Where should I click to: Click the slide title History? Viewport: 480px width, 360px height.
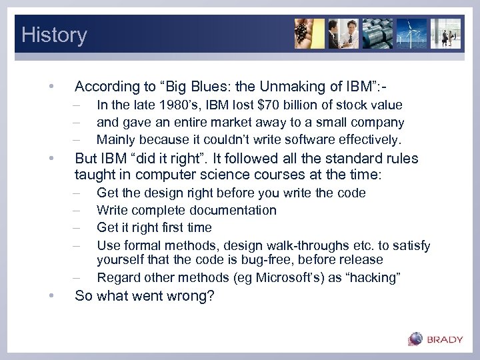point(54,35)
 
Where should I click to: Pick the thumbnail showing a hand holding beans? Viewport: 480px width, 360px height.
point(309,34)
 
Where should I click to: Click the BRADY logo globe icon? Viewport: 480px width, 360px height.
point(415,339)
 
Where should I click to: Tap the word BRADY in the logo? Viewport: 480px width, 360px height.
point(445,340)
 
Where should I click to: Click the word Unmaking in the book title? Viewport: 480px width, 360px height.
point(277,86)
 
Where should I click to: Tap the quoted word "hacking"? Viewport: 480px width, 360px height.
point(374,277)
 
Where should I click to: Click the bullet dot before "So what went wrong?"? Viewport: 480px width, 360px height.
point(50,296)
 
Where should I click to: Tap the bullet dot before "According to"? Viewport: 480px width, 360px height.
point(50,87)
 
